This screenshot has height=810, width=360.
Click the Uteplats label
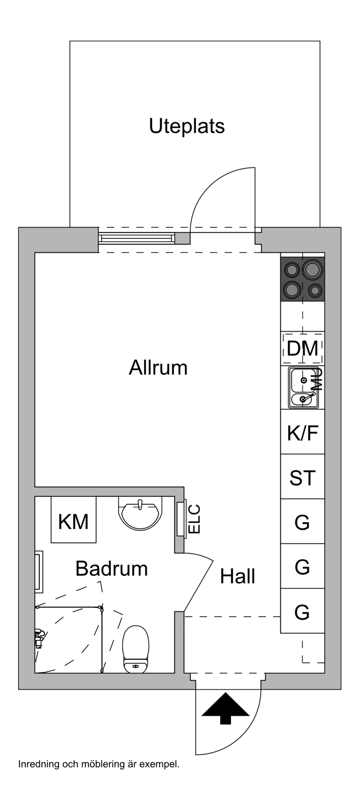[x=187, y=126]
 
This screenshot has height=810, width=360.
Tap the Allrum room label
[x=158, y=368]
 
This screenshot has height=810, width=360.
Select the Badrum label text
[x=112, y=568]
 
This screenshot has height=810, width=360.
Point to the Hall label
[x=238, y=576]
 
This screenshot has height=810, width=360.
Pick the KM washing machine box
[x=73, y=520]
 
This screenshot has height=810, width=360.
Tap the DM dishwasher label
[x=302, y=348]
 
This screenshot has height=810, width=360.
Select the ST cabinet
[x=302, y=477]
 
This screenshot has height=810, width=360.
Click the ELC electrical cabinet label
[x=194, y=520]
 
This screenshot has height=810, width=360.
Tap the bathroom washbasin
[x=139, y=513]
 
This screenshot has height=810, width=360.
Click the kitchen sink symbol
[x=303, y=387]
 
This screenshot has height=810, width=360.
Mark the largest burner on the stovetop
[x=312, y=270]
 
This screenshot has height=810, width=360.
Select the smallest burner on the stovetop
[x=315, y=290]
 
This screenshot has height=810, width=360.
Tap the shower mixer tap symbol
[x=39, y=638]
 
